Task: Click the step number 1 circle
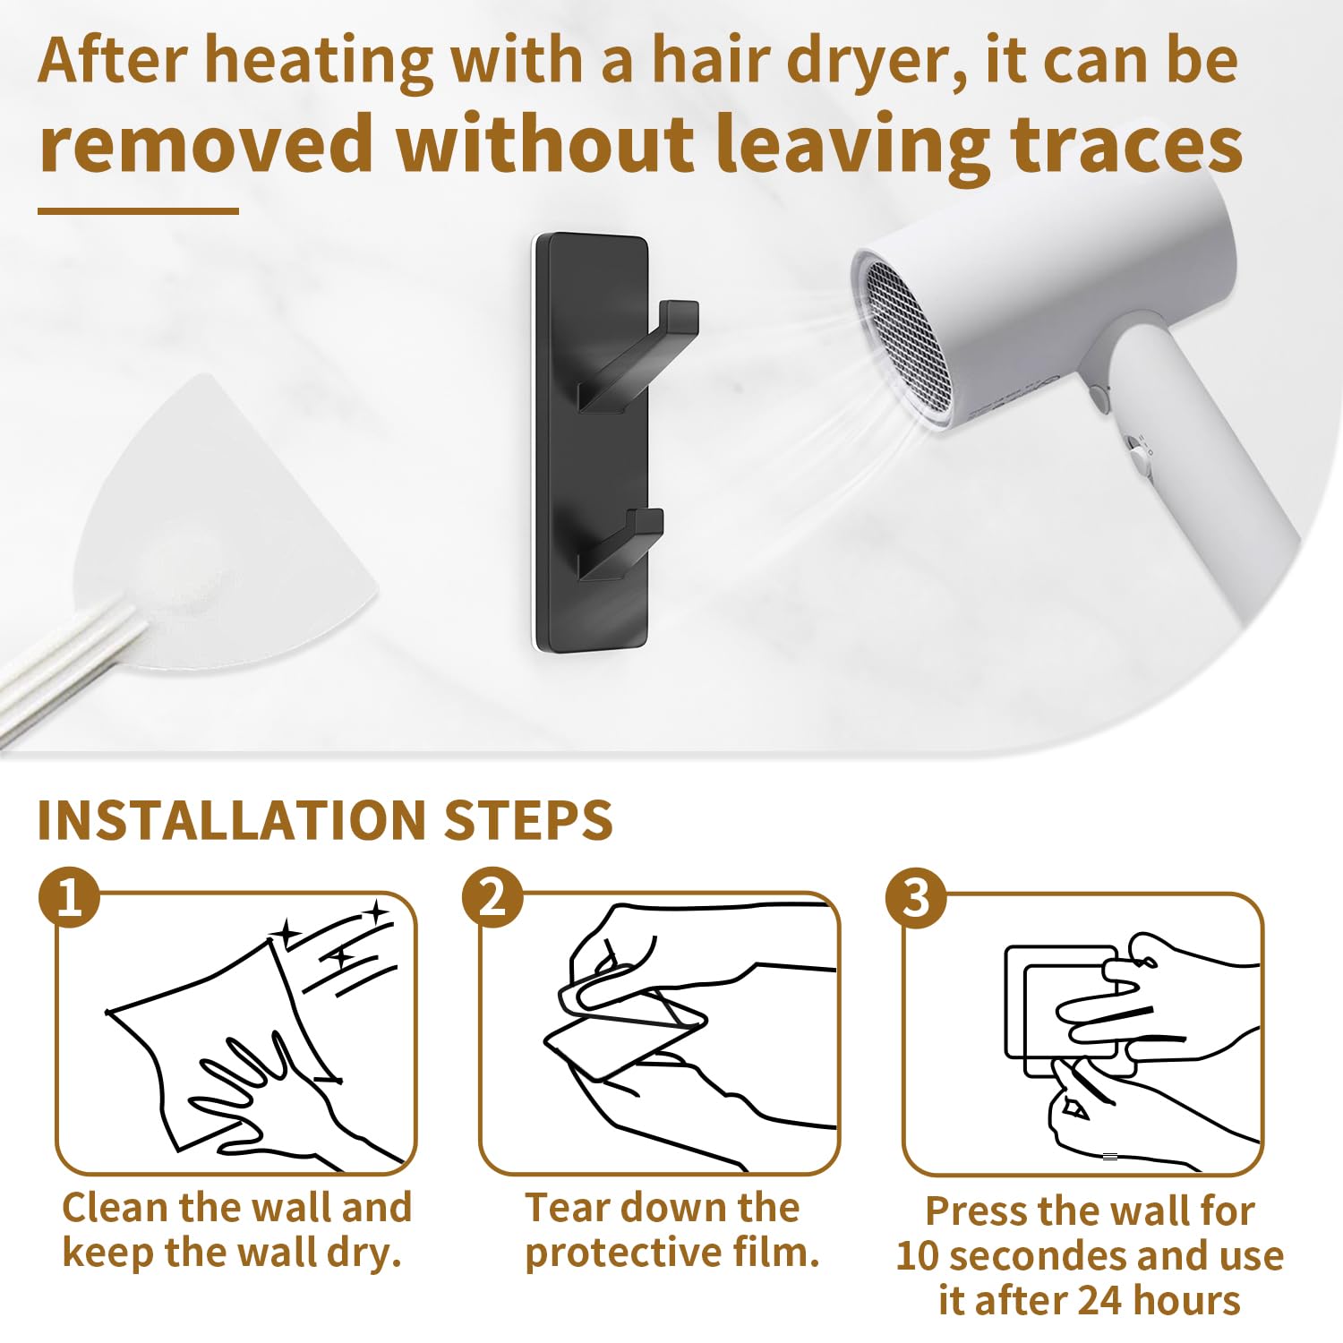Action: click(69, 897)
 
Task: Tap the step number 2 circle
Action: click(492, 897)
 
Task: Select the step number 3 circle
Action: click(916, 897)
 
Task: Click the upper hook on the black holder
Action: click(637, 358)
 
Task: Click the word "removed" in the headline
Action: click(207, 143)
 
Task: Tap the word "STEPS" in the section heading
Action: click(528, 820)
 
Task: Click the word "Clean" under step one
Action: click(115, 1207)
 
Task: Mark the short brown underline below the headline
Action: click(138, 211)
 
